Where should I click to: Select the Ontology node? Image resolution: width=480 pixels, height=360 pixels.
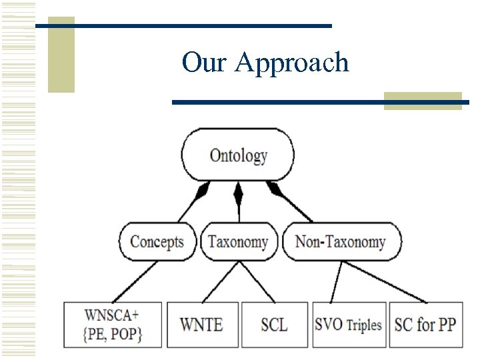tap(237, 156)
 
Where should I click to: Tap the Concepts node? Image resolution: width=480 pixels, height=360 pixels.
tap(157, 241)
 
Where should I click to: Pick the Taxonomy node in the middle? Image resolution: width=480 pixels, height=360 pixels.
tap(238, 241)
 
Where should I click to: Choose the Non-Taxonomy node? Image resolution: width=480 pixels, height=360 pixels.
tap(341, 241)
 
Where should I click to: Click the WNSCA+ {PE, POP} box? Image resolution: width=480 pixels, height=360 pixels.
tap(113, 324)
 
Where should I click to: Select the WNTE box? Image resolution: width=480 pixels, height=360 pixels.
tap(201, 325)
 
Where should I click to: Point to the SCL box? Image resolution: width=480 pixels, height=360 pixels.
tap(274, 325)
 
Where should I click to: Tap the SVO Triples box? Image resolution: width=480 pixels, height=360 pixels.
tap(348, 325)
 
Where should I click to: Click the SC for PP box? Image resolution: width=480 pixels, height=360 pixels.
tap(425, 325)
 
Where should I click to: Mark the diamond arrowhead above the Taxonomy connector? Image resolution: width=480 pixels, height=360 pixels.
tap(238, 194)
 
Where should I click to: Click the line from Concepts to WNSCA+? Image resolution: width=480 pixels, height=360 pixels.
tap(136, 281)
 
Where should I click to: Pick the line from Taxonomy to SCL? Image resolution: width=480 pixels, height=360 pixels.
tap(257, 281)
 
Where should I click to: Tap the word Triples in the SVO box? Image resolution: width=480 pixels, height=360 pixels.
tap(364, 325)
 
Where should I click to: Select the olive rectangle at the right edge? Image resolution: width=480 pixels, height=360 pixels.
tap(423, 101)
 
